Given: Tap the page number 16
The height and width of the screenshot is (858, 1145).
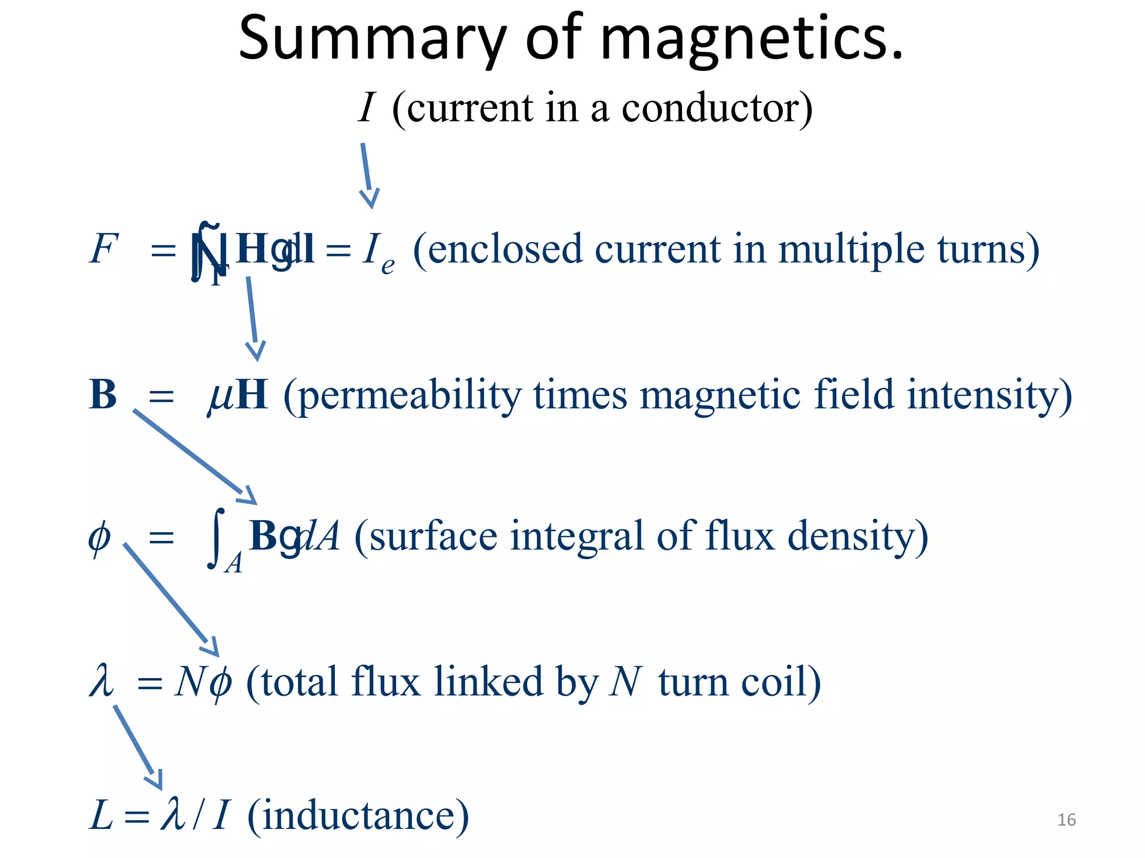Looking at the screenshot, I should [x=1066, y=819].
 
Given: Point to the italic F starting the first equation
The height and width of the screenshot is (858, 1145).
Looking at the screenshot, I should [x=103, y=249].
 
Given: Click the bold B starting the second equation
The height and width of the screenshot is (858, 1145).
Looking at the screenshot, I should [x=103, y=395].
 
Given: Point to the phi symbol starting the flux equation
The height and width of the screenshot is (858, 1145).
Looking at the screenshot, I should [x=100, y=537].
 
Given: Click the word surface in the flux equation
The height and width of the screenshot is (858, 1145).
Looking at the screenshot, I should [x=433, y=536].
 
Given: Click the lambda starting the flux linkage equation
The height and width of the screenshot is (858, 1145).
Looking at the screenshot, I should [x=101, y=681].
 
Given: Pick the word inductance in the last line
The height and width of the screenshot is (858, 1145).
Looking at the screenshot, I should [x=358, y=816].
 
